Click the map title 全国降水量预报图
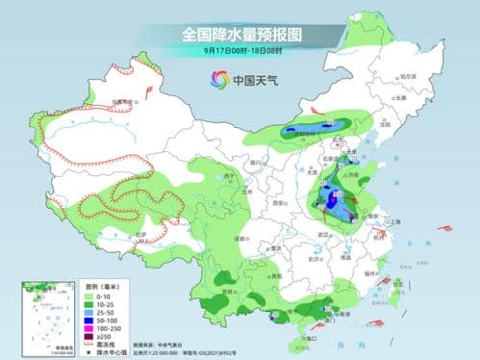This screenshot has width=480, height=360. [x=240, y=34]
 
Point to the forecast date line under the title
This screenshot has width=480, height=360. [x=240, y=49]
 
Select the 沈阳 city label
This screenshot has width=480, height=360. [x=385, y=124]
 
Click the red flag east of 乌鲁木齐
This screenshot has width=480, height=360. [x=148, y=90]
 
